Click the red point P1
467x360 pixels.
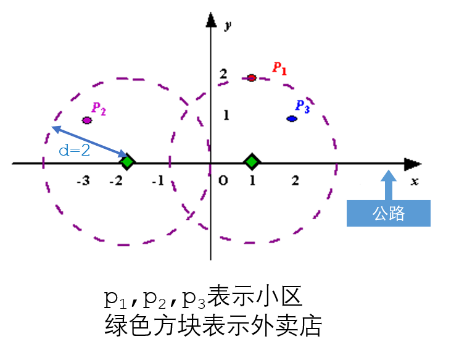click(x=251, y=78)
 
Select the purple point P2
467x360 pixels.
click(x=87, y=120)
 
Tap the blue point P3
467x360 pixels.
click(x=292, y=118)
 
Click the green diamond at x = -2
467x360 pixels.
click(x=127, y=162)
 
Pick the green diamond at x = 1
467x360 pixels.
click(x=251, y=162)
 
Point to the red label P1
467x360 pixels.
click(x=279, y=68)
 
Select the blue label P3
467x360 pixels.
click(x=302, y=106)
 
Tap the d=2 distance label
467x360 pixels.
click(x=75, y=149)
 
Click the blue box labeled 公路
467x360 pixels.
click(x=388, y=214)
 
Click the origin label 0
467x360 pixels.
click(x=223, y=181)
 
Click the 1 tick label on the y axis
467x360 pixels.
click(x=226, y=115)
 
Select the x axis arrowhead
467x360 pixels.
click(x=412, y=164)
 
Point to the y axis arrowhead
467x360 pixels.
click(x=211, y=20)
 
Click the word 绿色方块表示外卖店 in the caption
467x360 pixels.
click(x=213, y=325)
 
